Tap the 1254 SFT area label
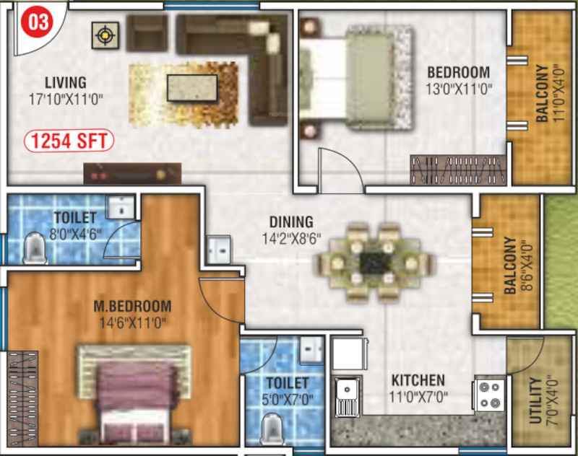[70, 140]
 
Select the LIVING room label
[64, 82]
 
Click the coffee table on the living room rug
[191, 87]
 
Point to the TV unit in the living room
[131, 172]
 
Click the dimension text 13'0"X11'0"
[459, 89]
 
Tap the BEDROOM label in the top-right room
[458, 73]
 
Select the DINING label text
[291, 222]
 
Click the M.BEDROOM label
[132, 306]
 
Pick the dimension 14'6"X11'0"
[132, 323]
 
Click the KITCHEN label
[418, 380]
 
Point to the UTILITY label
[535, 400]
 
